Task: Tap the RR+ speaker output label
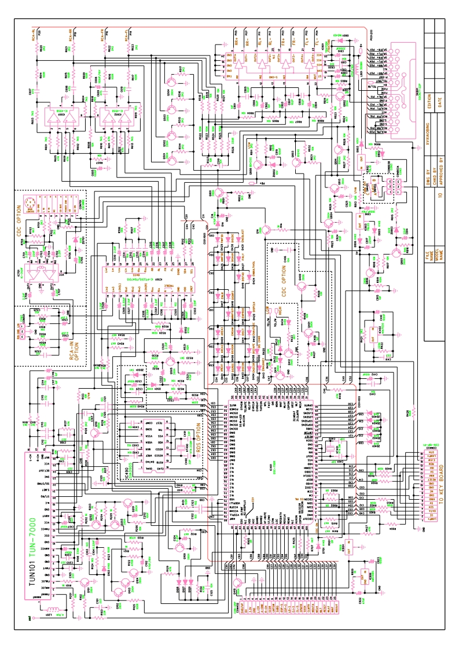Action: point(237,41)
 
